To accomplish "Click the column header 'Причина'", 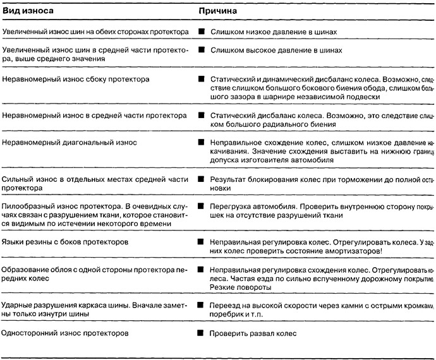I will point(219,11).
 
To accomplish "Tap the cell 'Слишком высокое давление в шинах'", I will point(276,49).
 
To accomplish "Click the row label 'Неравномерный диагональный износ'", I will point(69,143).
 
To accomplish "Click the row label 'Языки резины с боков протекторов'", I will point(65,242).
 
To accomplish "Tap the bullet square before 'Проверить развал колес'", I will point(201,332).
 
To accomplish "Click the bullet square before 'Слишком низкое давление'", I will point(201,31).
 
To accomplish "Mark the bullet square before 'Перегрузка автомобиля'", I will point(201,207).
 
